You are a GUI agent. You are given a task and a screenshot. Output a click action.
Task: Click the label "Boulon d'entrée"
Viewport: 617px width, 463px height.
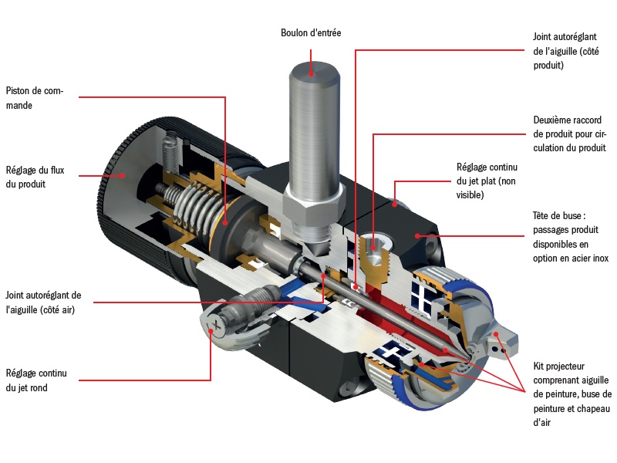[x=310, y=32]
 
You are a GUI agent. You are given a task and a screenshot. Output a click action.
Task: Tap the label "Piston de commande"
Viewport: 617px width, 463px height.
[x=34, y=98]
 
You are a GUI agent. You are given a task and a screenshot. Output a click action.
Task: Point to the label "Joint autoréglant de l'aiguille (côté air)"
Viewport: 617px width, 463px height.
[x=42, y=302]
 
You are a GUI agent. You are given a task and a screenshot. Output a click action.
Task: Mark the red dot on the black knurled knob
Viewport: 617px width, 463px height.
[x=122, y=175]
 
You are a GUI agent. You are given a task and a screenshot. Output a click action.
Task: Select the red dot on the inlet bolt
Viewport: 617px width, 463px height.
[x=312, y=75]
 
